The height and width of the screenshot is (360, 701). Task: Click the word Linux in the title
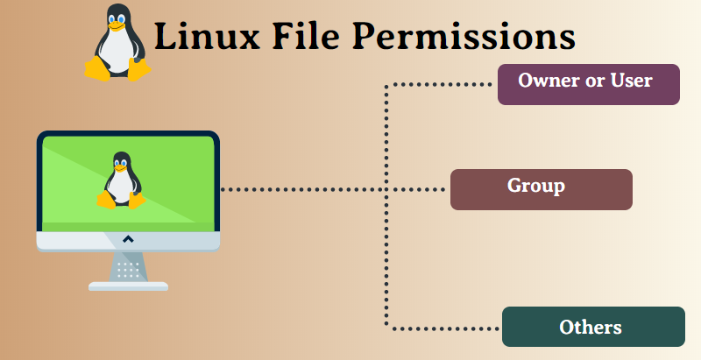pyautogui.click(x=207, y=36)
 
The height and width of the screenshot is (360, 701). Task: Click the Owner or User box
pyautogui.click(x=588, y=84)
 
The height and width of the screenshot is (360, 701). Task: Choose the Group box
pyautogui.click(x=541, y=189)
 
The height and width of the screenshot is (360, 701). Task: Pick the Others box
pyautogui.click(x=593, y=327)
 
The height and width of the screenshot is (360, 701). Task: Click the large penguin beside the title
pyautogui.click(x=118, y=43)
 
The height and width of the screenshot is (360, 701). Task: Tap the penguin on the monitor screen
pyautogui.click(x=121, y=180)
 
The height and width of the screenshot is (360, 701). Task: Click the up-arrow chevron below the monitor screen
pyautogui.click(x=128, y=239)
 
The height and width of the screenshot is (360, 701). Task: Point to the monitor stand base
pyautogui.click(x=128, y=286)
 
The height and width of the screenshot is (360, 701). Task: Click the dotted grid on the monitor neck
pyautogui.click(x=128, y=271)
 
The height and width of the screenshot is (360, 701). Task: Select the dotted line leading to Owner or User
pyautogui.click(x=438, y=84)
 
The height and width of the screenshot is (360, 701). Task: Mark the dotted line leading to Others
pyautogui.click(x=443, y=329)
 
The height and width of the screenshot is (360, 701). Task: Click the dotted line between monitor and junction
pyautogui.click(x=303, y=189)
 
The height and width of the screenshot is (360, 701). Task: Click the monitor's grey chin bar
pyautogui.click(x=128, y=241)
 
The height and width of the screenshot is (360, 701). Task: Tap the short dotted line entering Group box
pyautogui.click(x=416, y=189)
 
